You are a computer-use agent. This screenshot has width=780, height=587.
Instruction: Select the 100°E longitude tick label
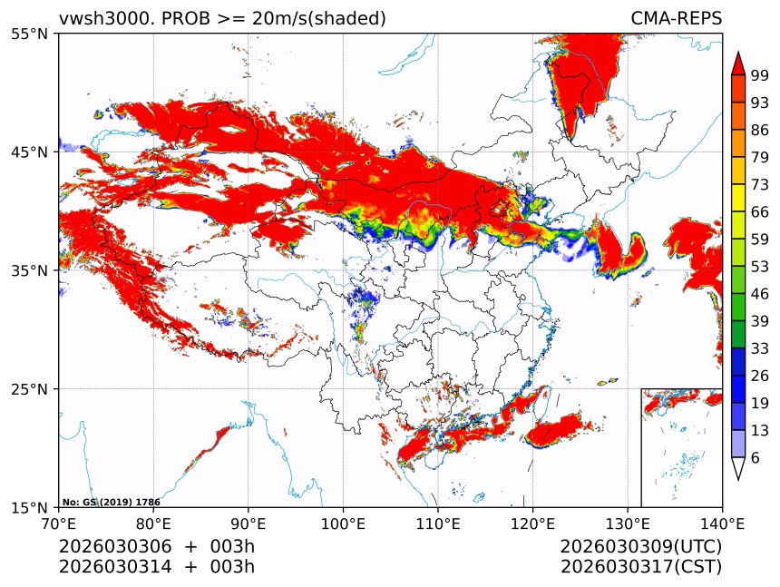click(343, 523)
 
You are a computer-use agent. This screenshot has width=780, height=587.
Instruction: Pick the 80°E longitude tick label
click(153, 523)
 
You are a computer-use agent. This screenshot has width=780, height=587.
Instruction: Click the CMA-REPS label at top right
click(676, 18)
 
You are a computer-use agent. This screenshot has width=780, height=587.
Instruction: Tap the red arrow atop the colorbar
click(738, 63)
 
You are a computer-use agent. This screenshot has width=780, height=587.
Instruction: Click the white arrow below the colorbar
click(738, 468)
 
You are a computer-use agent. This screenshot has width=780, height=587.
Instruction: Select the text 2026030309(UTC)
click(640, 547)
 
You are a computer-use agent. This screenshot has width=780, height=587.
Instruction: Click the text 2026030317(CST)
click(640, 567)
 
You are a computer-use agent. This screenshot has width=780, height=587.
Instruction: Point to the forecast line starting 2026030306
click(156, 547)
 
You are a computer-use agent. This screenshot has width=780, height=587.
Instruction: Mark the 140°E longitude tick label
click(722, 523)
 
